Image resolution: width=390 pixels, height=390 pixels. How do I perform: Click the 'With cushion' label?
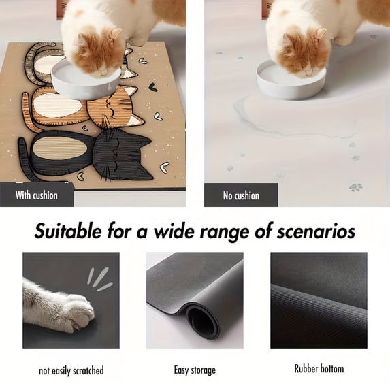[x=36, y=195]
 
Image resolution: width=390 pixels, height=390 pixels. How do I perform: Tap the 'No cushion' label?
[x=241, y=195]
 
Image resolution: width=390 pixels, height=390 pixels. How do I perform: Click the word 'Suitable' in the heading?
[x=74, y=231]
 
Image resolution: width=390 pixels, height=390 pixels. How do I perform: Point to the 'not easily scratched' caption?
[x=71, y=370]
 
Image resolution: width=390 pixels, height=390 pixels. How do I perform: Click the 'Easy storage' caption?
[x=195, y=370]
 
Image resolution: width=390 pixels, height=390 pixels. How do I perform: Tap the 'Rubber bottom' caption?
[x=319, y=368]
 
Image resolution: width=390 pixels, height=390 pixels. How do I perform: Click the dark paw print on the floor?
[x=355, y=186]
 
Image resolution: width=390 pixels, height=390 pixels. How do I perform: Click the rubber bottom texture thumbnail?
[x=319, y=300]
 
